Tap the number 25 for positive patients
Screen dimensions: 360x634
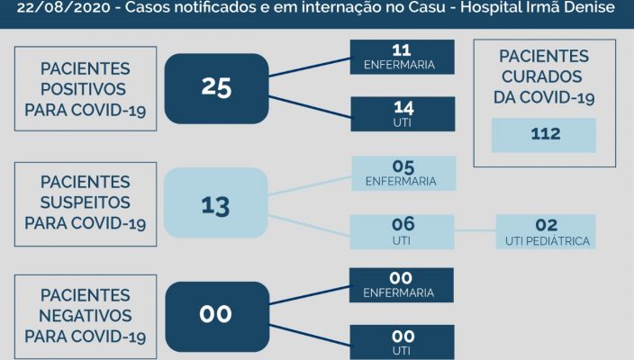pos(217,87)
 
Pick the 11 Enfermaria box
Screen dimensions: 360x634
pos(402,56)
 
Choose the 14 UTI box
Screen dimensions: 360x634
pos(402,115)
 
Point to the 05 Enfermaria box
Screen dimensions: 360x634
pos(402,173)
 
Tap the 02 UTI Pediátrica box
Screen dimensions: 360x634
pos(546,231)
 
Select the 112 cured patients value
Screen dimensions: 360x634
pos(544,134)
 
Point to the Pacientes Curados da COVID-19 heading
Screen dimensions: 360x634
pos(544,76)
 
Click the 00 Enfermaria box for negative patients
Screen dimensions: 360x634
pos(402,284)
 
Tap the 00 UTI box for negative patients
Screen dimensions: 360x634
pos(402,342)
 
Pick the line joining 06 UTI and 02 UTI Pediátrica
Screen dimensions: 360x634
pos(475,231)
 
